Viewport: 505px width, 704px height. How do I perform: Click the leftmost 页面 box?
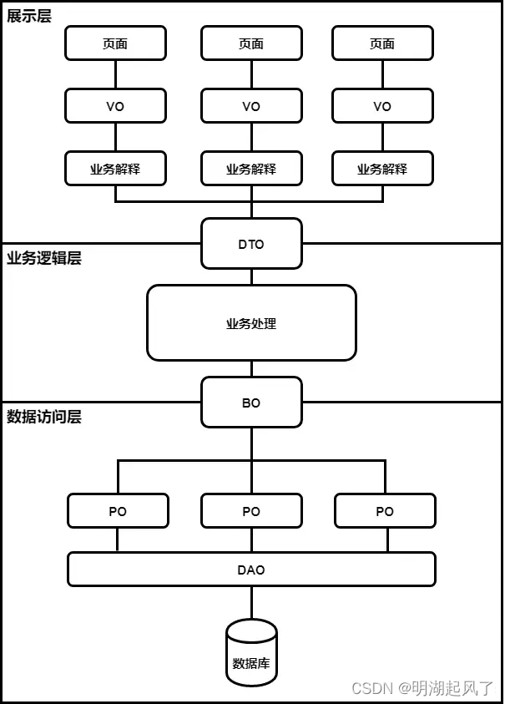115,43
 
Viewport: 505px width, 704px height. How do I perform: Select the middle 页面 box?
251,43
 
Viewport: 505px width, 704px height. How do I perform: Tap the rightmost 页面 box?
382,43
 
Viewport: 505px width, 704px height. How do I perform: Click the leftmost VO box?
115,106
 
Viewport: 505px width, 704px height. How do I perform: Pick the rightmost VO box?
382,106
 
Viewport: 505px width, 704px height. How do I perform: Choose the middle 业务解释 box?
251,169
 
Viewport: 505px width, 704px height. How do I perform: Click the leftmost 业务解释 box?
115,169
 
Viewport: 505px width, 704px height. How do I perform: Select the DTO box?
251,244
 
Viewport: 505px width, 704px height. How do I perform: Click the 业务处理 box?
251,323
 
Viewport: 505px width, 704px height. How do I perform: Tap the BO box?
251,403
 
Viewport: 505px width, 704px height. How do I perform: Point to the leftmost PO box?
118,511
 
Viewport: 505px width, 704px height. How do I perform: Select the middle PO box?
251,511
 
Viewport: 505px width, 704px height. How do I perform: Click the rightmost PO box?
385,511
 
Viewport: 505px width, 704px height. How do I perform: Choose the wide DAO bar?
251,570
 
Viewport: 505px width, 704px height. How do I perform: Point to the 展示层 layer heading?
29,16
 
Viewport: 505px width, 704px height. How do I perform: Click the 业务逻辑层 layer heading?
44,258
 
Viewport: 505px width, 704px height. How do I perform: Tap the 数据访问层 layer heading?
44,417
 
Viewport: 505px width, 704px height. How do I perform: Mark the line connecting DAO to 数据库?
251,602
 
